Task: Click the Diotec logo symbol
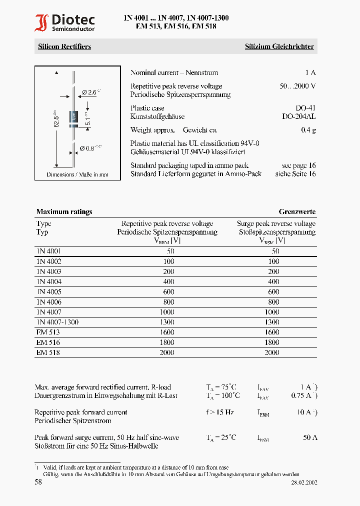coord(41,23)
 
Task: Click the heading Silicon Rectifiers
coord(64,46)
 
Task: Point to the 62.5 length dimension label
coord(56,118)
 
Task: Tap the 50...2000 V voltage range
coord(297,86)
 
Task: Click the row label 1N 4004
coord(49,281)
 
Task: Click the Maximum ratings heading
coord(64,211)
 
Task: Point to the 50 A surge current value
coord(310,437)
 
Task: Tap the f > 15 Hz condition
coord(220,412)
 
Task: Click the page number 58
coord(38,482)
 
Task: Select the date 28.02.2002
coord(304,483)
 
